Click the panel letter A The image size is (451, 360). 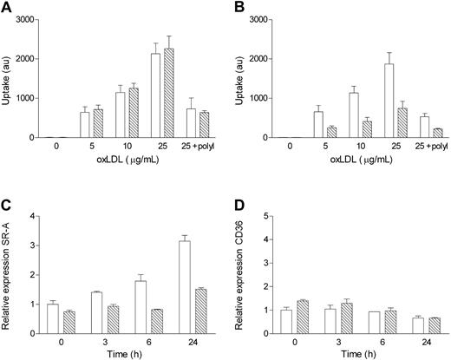[6, 8]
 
